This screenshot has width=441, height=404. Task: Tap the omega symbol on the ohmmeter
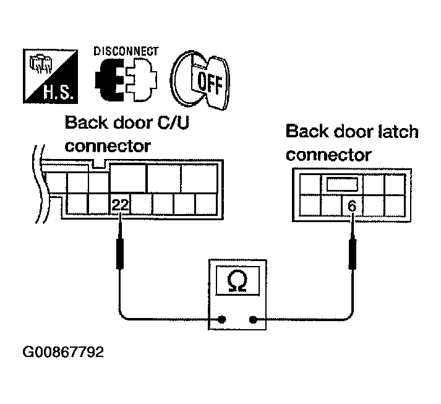tap(236, 282)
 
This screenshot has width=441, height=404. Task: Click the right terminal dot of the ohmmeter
tap(253, 320)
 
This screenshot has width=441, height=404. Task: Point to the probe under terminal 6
tap(353, 251)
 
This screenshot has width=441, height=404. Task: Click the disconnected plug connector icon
tap(126, 81)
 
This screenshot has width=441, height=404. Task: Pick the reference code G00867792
tap(63, 353)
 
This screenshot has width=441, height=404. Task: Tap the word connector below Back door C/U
tap(108, 147)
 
